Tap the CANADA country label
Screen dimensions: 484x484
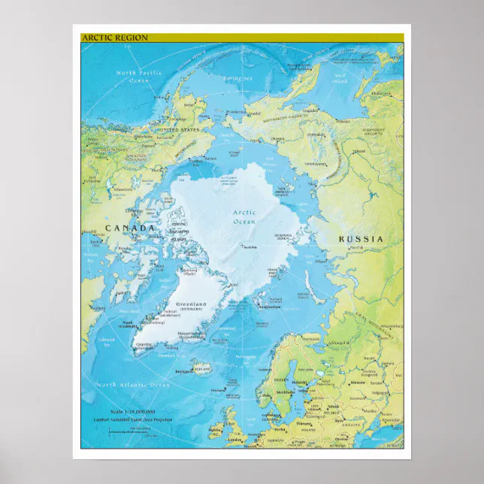click(129, 228)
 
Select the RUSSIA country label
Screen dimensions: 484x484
click(361, 239)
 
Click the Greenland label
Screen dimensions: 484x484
click(191, 304)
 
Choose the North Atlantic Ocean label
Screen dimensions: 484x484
click(127, 385)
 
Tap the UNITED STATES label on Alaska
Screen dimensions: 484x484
click(178, 130)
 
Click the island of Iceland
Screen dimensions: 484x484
click(201, 368)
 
